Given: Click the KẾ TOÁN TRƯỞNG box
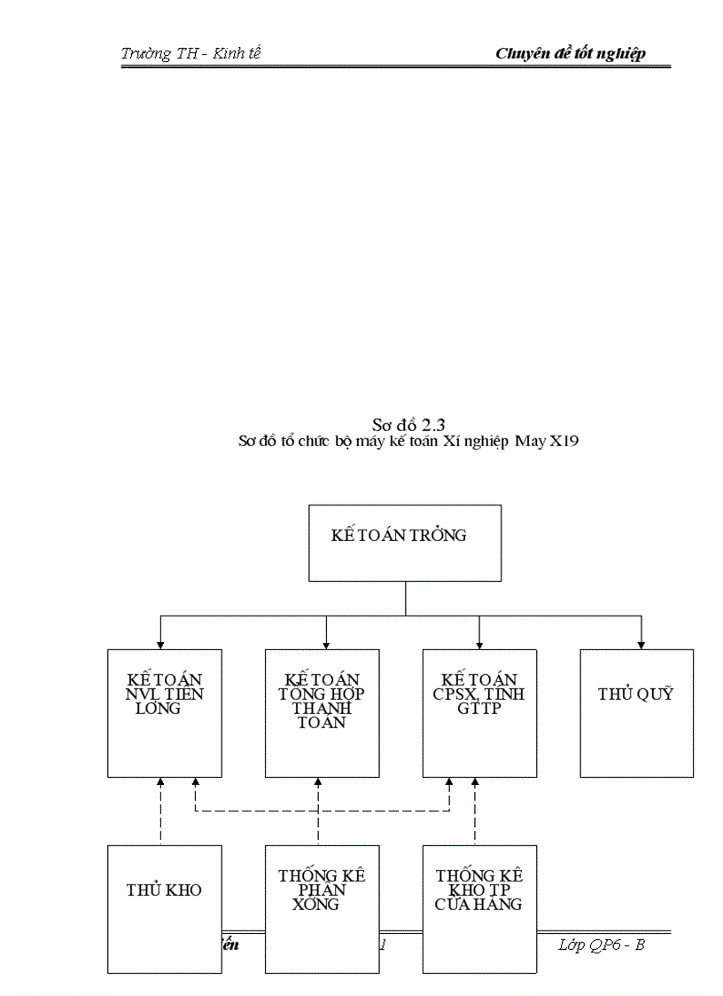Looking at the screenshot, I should pos(404,542).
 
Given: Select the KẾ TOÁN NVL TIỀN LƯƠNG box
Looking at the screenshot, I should pos(165,712).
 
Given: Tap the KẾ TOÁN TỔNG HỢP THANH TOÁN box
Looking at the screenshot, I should pos(322,712).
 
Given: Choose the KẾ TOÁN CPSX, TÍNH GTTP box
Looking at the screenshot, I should pos(478,712).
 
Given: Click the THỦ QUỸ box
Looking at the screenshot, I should pos(636,712).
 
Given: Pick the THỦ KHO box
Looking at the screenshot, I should pos(165,908).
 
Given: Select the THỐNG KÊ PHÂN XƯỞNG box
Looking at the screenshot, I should pos(322,908).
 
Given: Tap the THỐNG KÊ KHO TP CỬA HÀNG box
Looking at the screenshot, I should pos(478,908).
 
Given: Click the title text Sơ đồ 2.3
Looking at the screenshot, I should pos(408,424).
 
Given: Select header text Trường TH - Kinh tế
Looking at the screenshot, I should pos(190,53).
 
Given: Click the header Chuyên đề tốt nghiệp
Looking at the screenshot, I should pos(570,53).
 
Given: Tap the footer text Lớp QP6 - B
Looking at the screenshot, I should pos(602,945).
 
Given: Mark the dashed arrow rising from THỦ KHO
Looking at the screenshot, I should pos(160,812).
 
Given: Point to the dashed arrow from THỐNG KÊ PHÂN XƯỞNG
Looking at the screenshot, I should pos(317,812).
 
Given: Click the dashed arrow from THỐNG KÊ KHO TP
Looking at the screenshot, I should pos(475,812).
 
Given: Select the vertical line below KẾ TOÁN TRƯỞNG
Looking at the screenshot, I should pos(405,598).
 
